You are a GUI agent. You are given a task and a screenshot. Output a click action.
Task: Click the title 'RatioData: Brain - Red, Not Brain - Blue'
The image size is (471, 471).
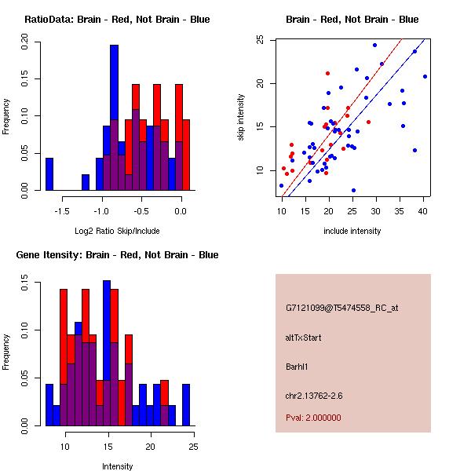116,20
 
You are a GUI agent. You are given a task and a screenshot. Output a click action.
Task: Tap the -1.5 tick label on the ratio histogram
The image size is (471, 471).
61,211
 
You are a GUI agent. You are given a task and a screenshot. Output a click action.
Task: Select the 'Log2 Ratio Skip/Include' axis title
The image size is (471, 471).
116,231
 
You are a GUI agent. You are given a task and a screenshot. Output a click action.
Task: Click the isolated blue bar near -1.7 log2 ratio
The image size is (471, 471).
49,173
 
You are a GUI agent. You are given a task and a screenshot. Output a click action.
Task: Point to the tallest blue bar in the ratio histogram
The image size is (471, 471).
114,118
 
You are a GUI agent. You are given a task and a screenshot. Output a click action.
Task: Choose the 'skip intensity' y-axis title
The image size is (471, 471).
242,117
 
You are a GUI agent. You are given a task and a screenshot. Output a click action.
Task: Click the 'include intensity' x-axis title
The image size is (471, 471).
352,231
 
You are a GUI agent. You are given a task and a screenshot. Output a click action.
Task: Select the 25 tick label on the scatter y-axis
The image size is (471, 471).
259,40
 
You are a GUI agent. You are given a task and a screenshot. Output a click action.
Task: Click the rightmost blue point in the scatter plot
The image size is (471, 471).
425,76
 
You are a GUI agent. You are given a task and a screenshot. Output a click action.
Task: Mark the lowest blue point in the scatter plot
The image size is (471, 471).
353,190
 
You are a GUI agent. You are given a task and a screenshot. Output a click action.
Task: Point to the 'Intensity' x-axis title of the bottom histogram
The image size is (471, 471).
117,466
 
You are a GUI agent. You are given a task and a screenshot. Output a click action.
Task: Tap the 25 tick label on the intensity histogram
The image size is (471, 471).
193,447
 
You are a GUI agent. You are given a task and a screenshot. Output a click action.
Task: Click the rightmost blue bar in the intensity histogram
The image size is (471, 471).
186,405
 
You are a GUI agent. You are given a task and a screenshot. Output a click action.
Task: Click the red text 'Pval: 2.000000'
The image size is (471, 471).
313,418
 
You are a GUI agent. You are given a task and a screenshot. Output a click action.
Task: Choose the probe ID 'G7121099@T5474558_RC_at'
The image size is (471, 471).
341,308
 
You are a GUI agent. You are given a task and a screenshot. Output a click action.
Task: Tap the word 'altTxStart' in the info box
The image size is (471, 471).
303,338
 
